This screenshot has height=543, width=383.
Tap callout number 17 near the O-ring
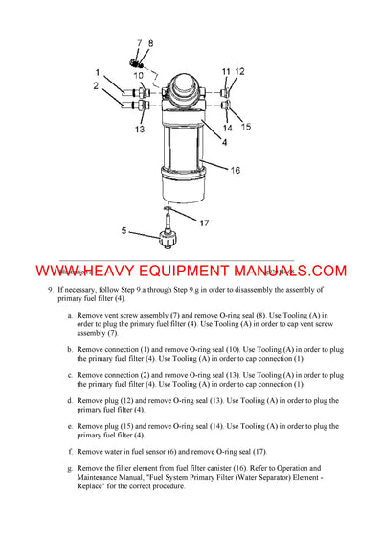coord(204,223)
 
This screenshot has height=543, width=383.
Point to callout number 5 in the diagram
coord(123,230)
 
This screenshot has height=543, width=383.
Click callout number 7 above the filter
coord(138,43)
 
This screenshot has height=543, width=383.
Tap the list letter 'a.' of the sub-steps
coord(69,314)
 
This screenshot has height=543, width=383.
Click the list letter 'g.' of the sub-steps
coord(69,468)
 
